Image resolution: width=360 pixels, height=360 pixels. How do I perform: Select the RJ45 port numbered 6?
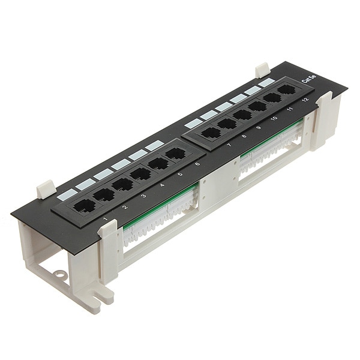pyautogui.click(x=175, y=154)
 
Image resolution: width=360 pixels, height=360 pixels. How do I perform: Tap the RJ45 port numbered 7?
pyautogui.click(x=210, y=133)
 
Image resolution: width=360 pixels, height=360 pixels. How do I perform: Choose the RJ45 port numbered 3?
pyautogui.click(x=122, y=184)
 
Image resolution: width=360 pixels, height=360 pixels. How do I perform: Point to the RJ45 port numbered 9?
pyautogui.click(x=242, y=115)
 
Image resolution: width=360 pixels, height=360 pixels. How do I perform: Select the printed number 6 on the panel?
pyautogui.click(x=197, y=164)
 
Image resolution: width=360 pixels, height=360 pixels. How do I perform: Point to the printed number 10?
pyautogui.click(x=274, y=119)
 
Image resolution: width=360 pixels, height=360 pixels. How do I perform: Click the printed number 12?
pyautogui.click(x=305, y=100)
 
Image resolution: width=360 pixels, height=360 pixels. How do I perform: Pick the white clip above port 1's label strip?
pyautogui.click(x=46, y=190)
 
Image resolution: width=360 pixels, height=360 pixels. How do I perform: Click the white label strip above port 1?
pyautogui.click(x=67, y=194)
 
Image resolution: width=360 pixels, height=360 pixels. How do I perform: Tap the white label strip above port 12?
pyautogui.click(x=266, y=82)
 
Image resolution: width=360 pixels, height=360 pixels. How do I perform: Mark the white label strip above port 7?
pyautogui.click(x=193, y=122)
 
